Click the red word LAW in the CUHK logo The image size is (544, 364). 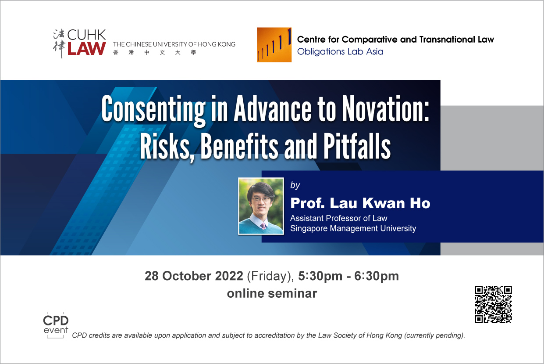[86, 48]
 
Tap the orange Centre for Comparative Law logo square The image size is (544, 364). [274, 45]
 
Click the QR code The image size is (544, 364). [493, 304]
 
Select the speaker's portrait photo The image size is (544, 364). [261, 206]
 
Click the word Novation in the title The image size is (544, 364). [385, 108]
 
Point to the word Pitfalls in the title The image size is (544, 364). [357, 146]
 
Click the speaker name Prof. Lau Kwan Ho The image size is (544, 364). [360, 203]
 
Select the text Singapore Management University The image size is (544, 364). [353, 228]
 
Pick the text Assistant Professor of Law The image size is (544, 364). [339, 218]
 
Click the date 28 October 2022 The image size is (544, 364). [194, 276]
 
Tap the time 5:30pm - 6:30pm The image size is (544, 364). [348, 276]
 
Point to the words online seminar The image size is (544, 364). [272, 293]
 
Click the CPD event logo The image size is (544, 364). [56, 325]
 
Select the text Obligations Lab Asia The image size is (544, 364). [340, 51]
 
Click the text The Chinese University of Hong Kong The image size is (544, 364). [174, 44]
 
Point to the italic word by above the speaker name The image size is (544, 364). [295, 185]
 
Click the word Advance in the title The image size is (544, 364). [273, 108]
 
